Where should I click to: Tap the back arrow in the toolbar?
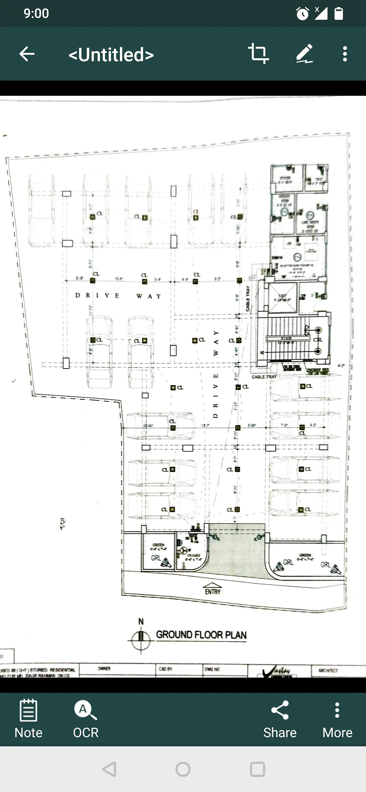coord(27,54)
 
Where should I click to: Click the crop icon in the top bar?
coord(258,53)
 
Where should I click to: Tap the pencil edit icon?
coord(304,53)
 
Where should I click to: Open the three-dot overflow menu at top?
coord(345,54)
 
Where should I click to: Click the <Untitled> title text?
coord(111,54)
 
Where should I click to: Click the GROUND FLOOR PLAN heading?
coord(201,635)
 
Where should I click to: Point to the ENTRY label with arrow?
coord(212,589)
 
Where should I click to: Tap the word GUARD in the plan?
coord(194,555)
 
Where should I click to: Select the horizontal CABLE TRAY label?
coord(264,377)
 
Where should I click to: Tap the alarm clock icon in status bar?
coord(302,14)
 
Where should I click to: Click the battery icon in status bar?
coord(339,14)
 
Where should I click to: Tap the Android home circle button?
coord(183,769)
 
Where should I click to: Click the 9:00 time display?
coord(36,14)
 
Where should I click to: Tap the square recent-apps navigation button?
coord(257,769)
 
